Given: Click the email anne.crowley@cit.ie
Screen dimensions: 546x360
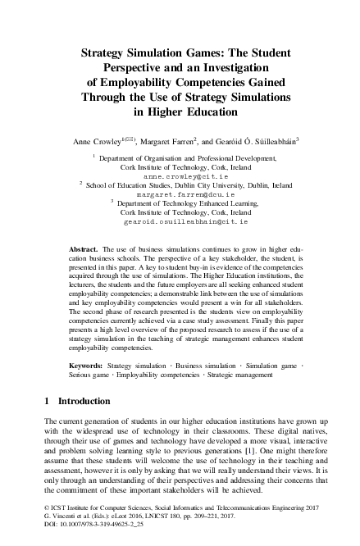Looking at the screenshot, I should (x=180, y=176).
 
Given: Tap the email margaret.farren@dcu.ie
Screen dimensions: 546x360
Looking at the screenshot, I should (x=180, y=195).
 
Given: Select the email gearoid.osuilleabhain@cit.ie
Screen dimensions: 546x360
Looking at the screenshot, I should (x=180, y=221).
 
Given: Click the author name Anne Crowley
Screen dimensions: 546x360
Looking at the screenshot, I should (x=94, y=141).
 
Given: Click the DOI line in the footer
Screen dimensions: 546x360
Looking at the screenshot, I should (x=79, y=533).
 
